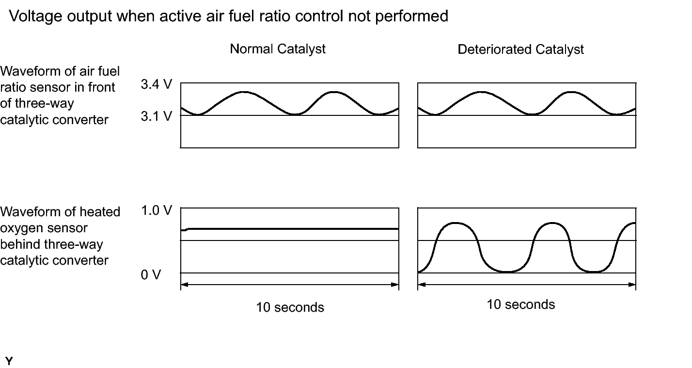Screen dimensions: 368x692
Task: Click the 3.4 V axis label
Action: [x=156, y=85]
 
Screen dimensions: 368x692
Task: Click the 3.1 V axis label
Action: [x=156, y=116]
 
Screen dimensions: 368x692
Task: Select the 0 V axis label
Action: [x=151, y=275]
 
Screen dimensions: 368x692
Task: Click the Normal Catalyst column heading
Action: [x=278, y=49]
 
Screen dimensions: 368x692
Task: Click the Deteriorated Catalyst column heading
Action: [x=520, y=49]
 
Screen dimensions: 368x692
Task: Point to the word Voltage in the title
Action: [x=37, y=16]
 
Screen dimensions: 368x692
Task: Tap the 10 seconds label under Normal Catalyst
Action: [x=290, y=307]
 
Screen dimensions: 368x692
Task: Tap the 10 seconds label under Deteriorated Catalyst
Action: [x=520, y=304]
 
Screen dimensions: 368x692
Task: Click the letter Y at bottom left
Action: [x=9, y=361]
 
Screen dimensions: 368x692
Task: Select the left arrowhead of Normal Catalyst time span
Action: [x=184, y=285]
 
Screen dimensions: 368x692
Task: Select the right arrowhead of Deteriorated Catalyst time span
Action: [x=632, y=285]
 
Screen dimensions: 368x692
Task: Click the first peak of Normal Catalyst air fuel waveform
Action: [x=244, y=92]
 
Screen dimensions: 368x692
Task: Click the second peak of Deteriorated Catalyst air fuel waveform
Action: [x=572, y=92]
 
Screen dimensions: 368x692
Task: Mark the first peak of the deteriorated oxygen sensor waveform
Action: [x=456, y=223]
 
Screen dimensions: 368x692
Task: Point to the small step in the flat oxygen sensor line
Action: [x=187, y=229]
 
